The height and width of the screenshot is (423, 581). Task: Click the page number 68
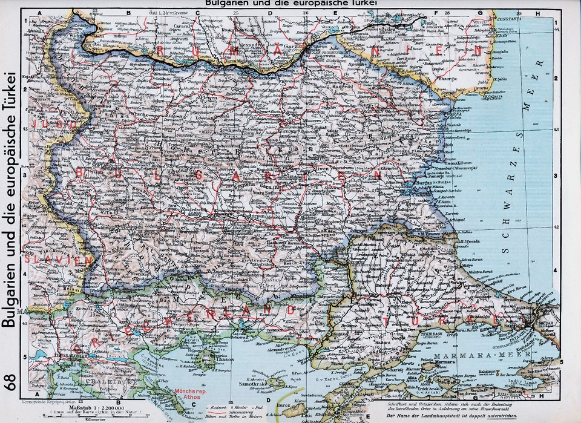coord(10,383)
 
